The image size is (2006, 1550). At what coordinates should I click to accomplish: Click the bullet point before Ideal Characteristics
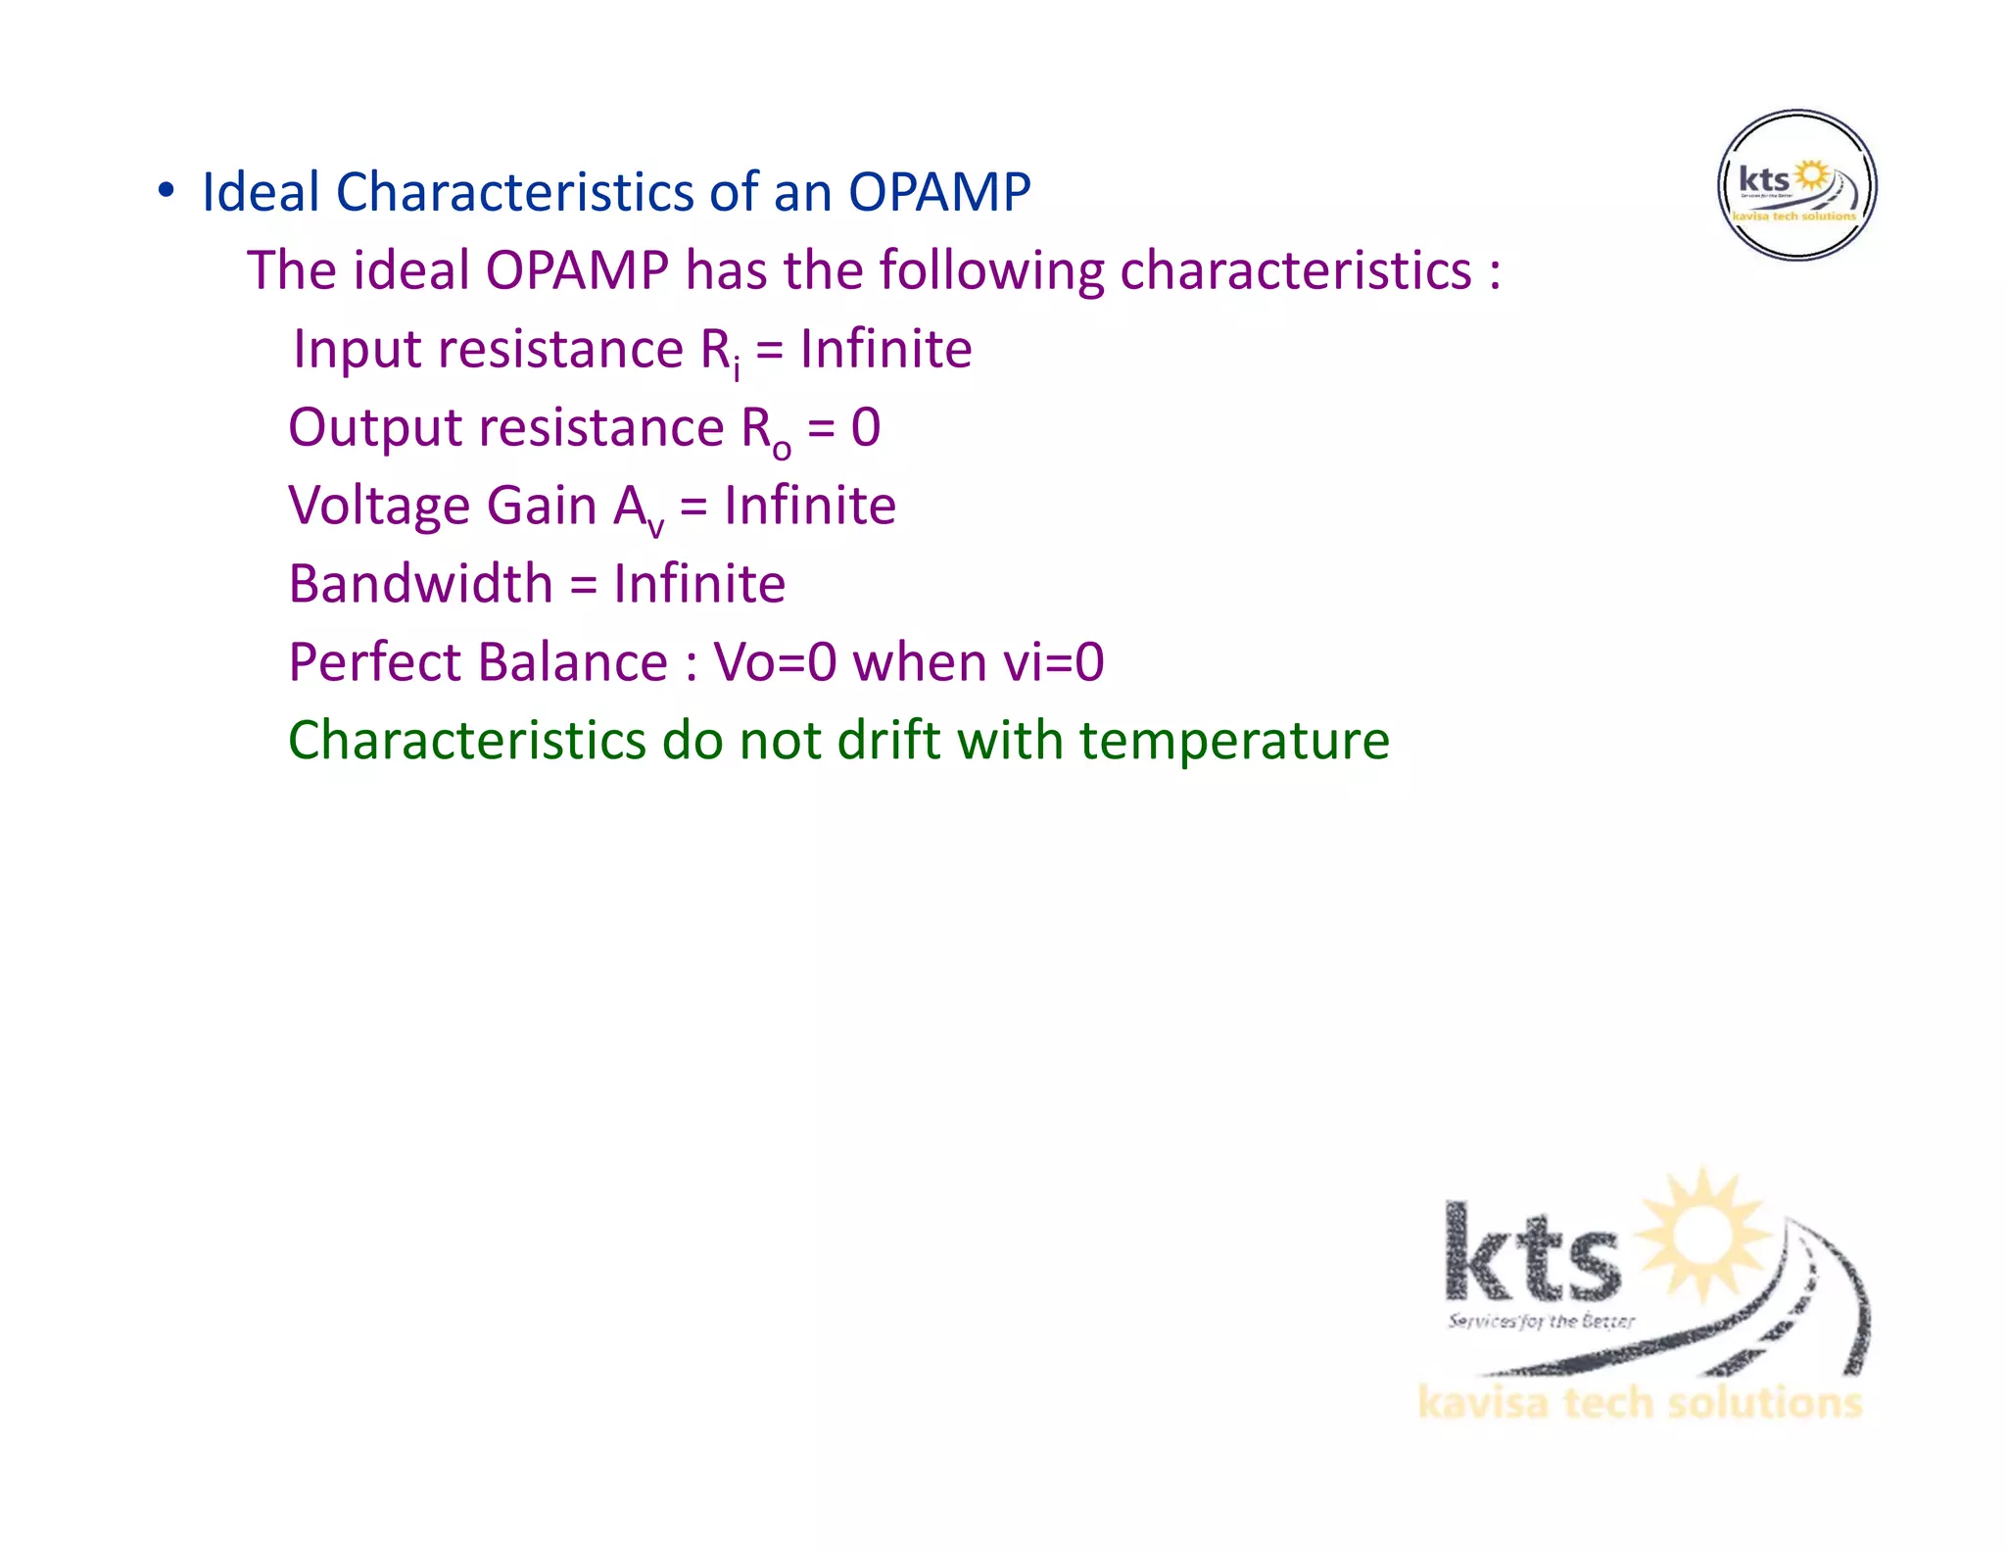coord(167,191)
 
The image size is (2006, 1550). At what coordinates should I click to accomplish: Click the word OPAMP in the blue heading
coord(938,192)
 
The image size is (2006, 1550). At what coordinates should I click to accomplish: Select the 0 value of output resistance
coord(865,428)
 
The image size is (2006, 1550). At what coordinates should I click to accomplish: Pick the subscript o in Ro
coord(782,449)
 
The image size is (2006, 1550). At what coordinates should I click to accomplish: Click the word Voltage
coord(379,507)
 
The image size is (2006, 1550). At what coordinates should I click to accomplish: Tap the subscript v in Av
coord(655,527)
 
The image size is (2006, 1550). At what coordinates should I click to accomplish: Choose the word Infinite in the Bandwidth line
coord(699,585)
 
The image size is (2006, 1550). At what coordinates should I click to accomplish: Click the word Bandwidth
coord(420,585)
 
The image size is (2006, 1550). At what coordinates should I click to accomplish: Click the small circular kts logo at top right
coord(1796,185)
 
